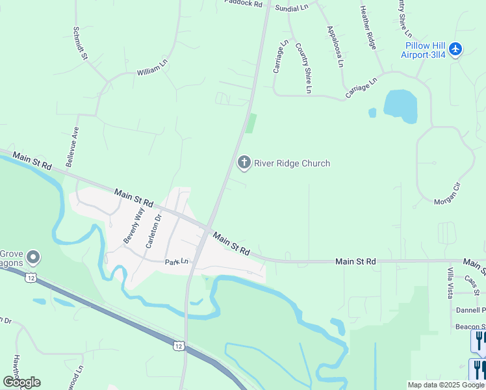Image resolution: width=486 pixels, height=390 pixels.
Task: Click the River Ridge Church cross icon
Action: coord(244,162)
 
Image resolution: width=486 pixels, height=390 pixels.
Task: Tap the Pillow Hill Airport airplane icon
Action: coord(455,49)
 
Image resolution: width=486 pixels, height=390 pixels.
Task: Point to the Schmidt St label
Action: coord(81,44)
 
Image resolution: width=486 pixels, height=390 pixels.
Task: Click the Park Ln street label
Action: coord(176,262)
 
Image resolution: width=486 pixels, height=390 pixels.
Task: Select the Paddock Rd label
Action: coord(243,3)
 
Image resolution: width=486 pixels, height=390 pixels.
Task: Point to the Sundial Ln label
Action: coord(292,7)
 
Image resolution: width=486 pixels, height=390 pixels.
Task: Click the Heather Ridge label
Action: coord(368,28)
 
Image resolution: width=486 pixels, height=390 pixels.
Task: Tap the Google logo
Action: coord(21,382)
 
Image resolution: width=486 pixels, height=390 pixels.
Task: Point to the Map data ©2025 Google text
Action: coord(446,385)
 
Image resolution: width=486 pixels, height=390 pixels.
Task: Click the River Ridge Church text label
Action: coord(292,163)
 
